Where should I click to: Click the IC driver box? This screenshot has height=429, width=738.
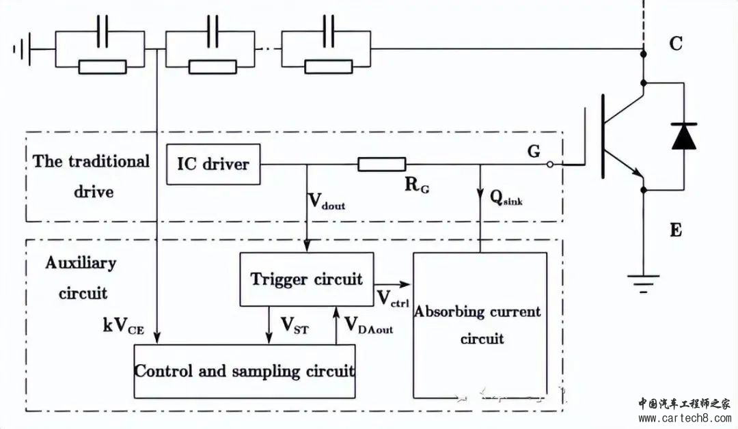click(213, 164)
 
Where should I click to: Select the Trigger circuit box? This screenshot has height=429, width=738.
click(306, 279)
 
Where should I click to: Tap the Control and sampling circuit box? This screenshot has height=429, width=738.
click(244, 371)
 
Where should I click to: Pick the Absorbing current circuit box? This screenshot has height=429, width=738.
click(480, 324)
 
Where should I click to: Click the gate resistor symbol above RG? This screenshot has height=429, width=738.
click(382, 164)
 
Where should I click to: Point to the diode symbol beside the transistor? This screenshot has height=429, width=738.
click(683, 135)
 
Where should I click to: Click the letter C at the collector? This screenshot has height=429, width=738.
click(675, 44)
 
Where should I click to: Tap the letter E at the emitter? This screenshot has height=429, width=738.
click(675, 230)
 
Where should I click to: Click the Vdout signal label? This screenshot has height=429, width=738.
click(327, 201)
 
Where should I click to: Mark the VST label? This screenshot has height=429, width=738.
click(295, 326)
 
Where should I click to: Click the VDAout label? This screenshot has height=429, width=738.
click(368, 326)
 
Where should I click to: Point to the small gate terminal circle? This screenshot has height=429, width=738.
click(551, 165)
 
